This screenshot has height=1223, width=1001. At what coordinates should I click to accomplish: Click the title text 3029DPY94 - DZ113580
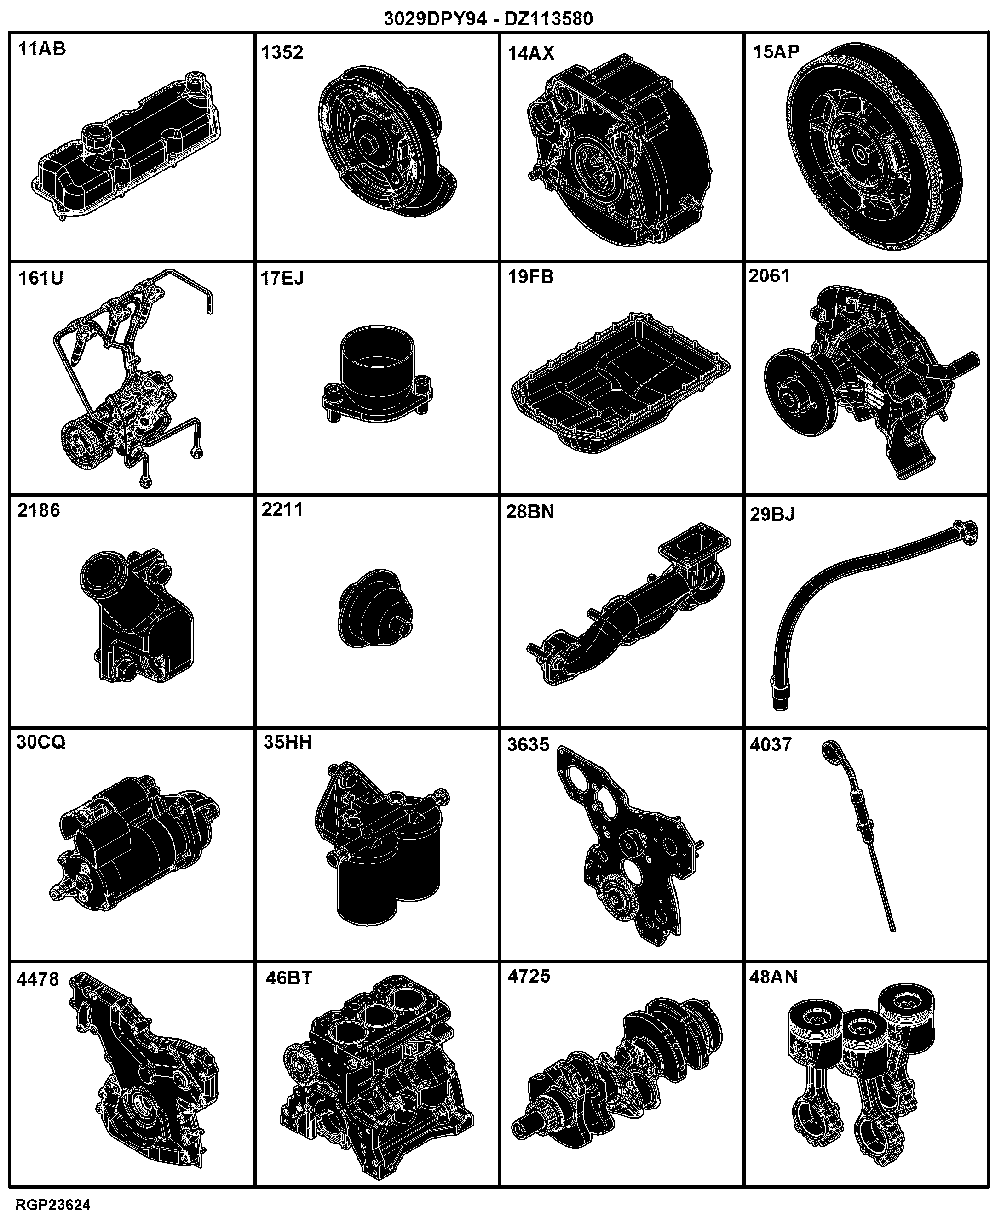(x=489, y=19)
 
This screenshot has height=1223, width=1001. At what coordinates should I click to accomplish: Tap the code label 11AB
(x=42, y=49)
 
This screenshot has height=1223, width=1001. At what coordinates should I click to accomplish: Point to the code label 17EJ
(x=282, y=278)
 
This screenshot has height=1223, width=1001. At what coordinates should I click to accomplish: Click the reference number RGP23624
(x=53, y=1205)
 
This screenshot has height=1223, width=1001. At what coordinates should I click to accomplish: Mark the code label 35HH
(x=288, y=742)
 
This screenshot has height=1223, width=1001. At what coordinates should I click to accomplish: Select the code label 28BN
(x=530, y=512)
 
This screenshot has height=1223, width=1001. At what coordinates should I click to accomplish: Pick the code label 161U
(x=40, y=278)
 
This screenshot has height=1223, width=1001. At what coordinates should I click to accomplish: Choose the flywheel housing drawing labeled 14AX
(x=621, y=150)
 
